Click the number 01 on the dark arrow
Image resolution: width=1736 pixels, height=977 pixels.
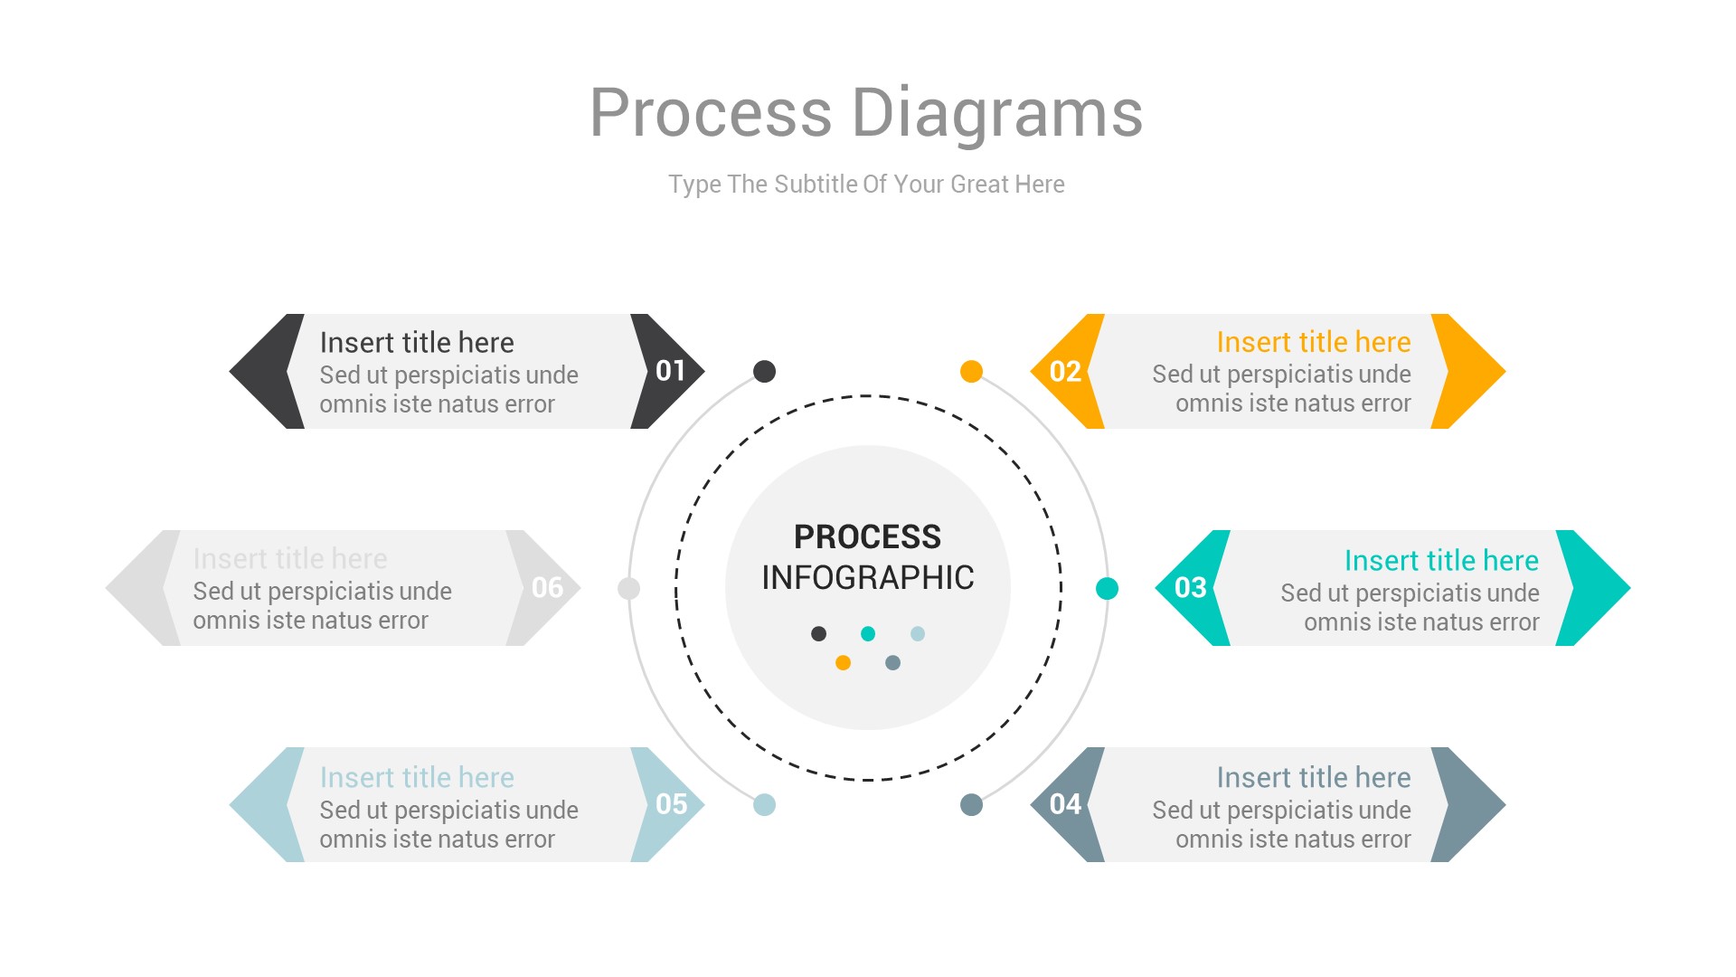670,371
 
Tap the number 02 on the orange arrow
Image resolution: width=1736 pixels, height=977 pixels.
1065,372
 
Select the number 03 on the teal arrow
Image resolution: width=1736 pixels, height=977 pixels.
1191,588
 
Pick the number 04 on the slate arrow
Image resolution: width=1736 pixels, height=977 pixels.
1065,804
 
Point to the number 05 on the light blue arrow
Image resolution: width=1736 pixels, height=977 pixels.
671,804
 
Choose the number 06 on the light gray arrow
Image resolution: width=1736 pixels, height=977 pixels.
547,588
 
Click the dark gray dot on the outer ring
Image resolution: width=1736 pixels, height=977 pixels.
764,371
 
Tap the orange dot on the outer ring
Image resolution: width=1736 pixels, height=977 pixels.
971,371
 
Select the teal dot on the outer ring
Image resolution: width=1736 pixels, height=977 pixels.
1107,588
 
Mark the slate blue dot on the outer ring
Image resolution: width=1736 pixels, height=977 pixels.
971,804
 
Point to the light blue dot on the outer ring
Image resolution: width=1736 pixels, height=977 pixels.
764,804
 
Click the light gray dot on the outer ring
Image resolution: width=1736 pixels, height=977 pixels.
628,588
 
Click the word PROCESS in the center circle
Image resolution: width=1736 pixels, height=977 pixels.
867,536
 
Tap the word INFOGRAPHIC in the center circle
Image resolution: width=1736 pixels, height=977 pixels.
867,577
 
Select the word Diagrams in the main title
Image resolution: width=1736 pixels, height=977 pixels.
996,114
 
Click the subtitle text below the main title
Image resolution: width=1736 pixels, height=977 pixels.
866,185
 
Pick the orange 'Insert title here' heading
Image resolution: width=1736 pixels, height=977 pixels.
1313,342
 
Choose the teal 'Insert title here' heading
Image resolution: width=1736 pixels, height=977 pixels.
1441,561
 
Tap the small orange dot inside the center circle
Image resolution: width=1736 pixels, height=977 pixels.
843,662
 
